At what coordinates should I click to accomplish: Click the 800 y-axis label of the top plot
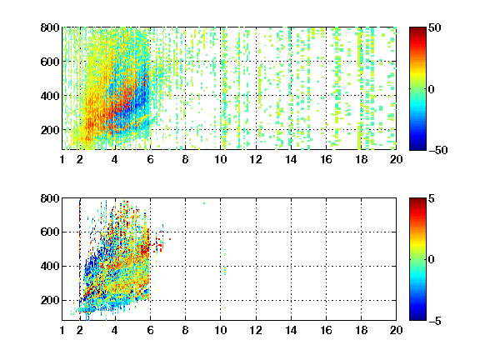click(50, 27)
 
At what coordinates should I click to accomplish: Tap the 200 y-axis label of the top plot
click(50, 130)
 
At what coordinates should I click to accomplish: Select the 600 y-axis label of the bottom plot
click(50, 232)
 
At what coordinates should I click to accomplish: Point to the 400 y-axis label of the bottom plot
click(50, 266)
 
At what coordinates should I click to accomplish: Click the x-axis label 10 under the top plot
click(220, 159)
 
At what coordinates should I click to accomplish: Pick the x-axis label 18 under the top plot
click(361, 159)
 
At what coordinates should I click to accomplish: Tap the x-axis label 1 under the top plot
click(62, 159)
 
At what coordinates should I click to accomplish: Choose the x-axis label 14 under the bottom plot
click(291, 330)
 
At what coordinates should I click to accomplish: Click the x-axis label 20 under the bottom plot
click(396, 330)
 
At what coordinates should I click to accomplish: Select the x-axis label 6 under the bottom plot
click(150, 330)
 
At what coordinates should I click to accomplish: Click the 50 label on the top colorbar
click(435, 27)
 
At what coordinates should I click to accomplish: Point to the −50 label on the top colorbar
click(438, 150)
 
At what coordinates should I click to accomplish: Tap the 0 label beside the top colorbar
click(432, 89)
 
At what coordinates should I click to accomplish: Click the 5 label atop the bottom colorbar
click(432, 198)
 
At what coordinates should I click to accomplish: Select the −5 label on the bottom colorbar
click(435, 321)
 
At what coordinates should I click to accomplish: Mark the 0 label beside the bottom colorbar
click(432, 260)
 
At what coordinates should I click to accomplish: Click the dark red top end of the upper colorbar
click(417, 29)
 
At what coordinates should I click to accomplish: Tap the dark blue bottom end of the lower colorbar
click(417, 317)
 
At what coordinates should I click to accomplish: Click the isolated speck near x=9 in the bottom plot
click(204, 203)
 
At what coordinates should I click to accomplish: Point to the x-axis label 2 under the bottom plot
click(80, 330)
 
